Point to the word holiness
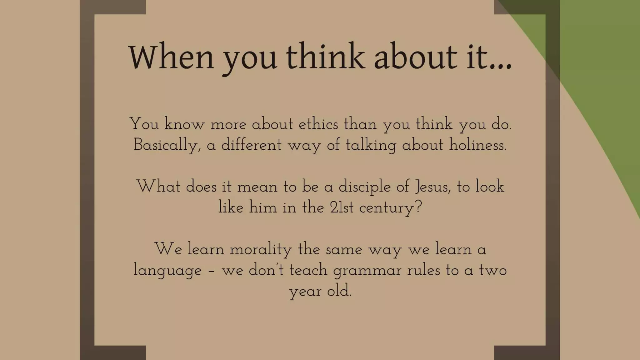477,145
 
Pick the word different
251,145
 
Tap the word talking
371,145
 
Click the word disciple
364,187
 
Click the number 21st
342,207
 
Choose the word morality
261,250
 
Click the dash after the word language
212,271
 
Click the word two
493,270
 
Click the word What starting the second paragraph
158,187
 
